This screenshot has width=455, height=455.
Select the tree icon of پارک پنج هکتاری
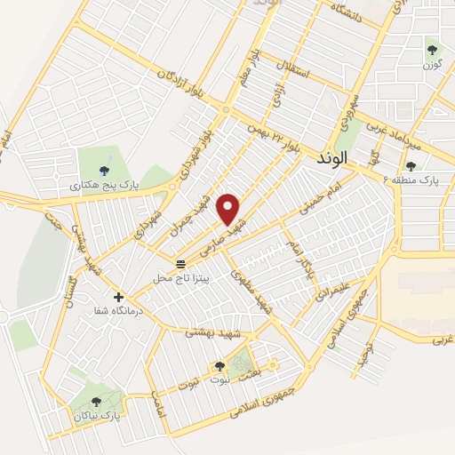[x=105, y=171]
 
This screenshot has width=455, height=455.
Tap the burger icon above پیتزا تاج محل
[x=181, y=264]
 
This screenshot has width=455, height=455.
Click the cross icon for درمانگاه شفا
[x=118, y=297]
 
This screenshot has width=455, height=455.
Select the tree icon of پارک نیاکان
[x=95, y=402]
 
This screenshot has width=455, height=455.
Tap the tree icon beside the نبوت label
[x=220, y=366]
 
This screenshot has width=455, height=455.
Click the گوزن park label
[x=432, y=65]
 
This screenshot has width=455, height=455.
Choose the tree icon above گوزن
[x=432, y=51]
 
